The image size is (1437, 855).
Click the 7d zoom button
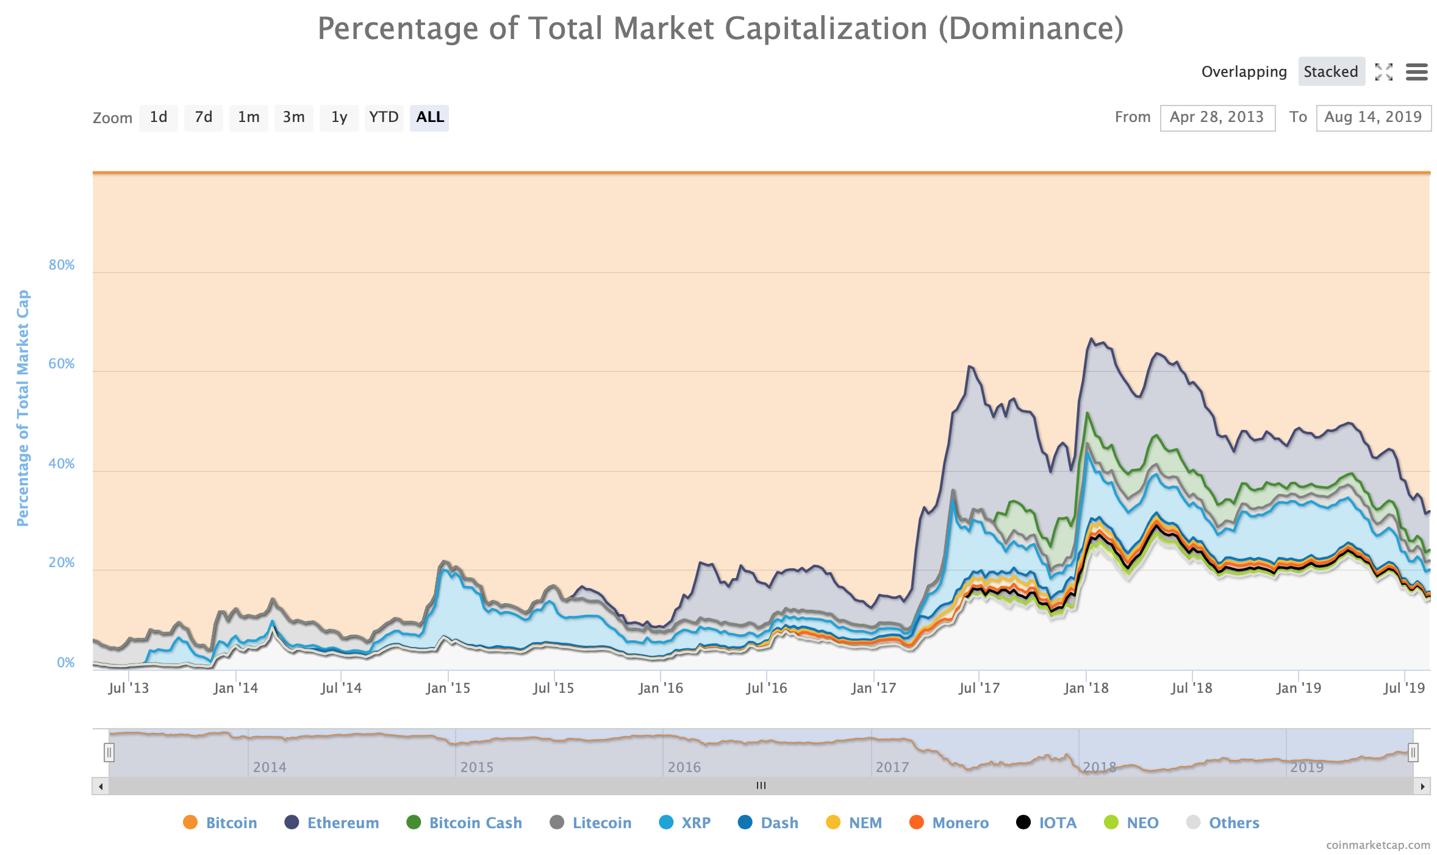click(204, 117)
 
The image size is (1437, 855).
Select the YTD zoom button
click(384, 117)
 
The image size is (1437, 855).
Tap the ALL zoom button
click(429, 117)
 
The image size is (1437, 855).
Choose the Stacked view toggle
click(1331, 72)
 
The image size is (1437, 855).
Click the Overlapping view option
click(1244, 72)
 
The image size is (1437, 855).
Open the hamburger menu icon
click(1416, 72)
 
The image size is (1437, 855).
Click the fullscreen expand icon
click(1383, 72)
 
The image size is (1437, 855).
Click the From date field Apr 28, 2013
click(1217, 117)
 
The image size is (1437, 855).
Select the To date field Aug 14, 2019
click(1373, 117)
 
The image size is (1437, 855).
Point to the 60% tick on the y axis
click(62, 364)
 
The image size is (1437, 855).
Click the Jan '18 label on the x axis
click(1086, 688)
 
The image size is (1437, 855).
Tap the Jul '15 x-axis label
click(553, 688)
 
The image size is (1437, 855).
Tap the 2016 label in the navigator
click(684, 767)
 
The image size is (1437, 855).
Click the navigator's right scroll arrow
click(1422, 786)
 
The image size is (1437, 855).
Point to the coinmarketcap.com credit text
click(1378, 845)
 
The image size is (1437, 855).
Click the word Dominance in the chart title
click(1031, 28)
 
